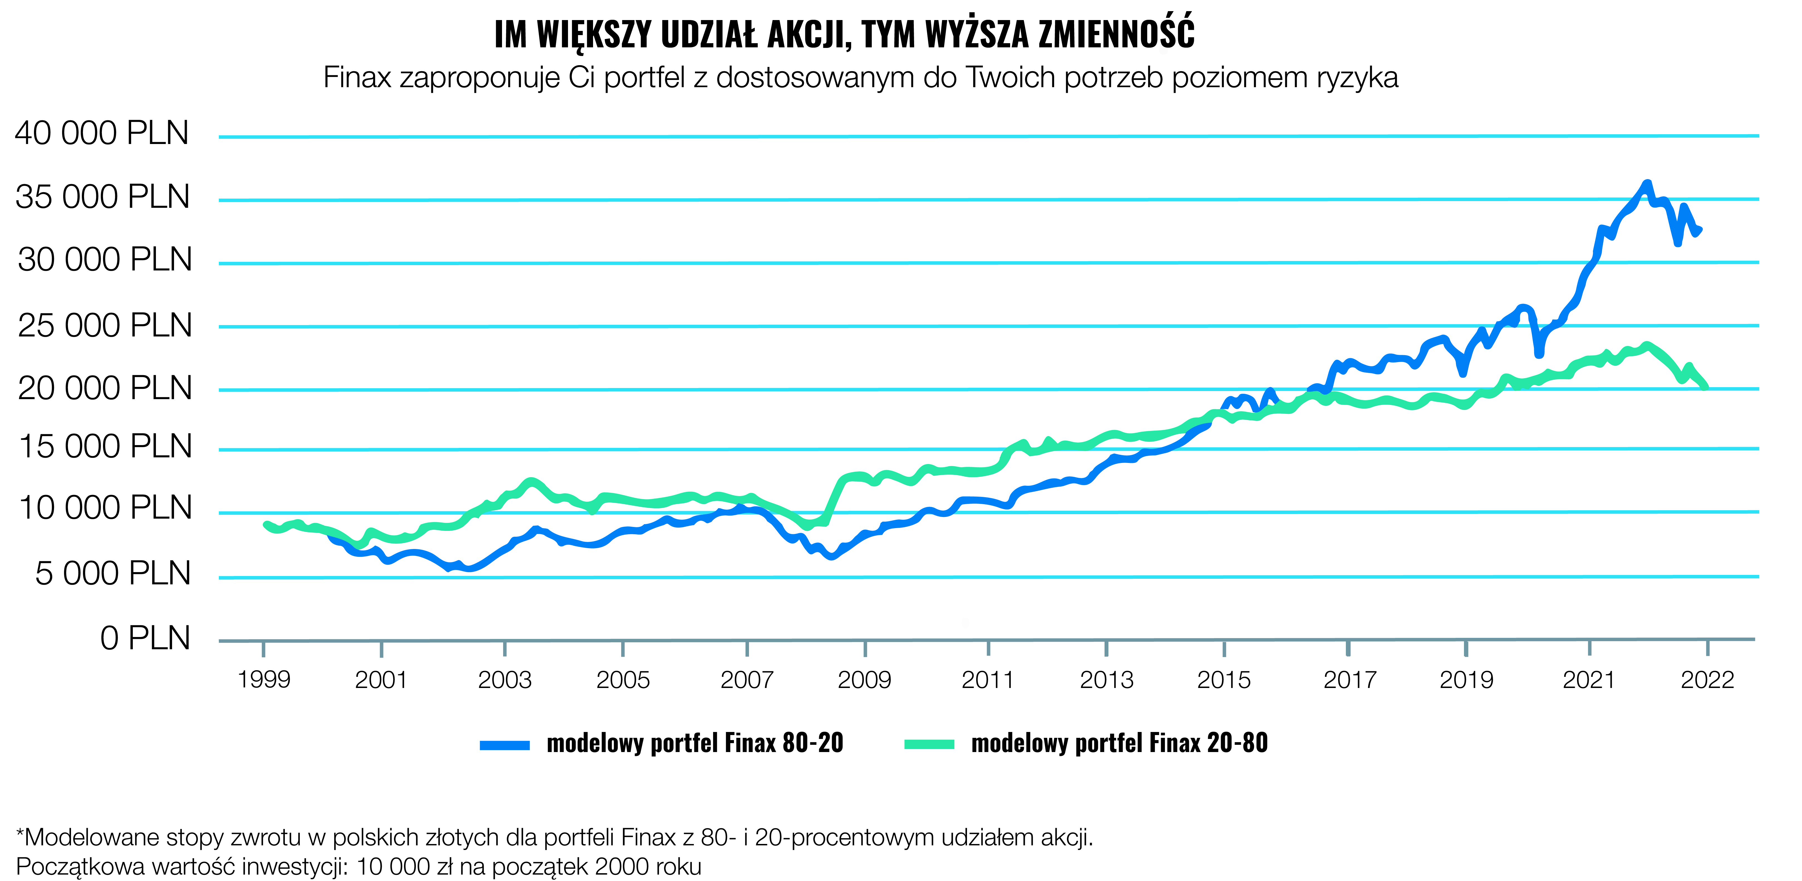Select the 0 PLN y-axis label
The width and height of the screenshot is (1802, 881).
coord(145,638)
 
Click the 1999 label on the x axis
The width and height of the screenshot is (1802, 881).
coord(264,679)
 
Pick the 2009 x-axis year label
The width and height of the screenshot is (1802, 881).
coord(865,679)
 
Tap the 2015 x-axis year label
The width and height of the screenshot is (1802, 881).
coord(1223,679)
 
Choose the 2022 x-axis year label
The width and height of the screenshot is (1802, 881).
coord(1708,679)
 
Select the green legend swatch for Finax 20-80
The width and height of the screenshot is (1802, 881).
coord(929,744)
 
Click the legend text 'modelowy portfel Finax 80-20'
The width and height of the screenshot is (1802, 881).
coord(695,743)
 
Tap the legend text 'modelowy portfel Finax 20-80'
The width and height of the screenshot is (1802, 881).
coord(1119,743)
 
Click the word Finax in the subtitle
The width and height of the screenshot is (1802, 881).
coord(357,78)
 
